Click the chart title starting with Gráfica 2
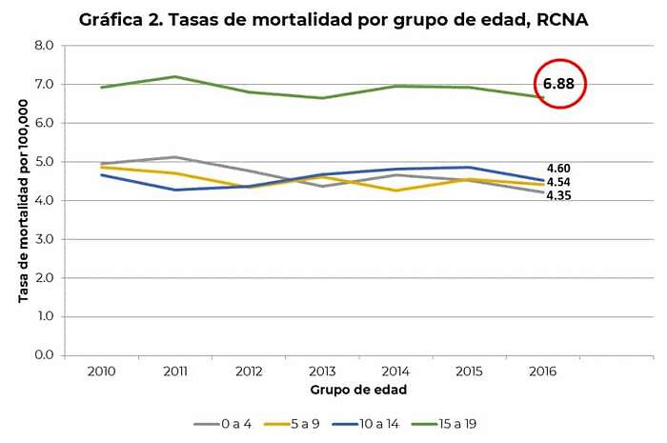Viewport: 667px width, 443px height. click(329, 20)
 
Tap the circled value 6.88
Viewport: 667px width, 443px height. click(558, 84)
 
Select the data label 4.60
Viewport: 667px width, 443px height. click(558, 168)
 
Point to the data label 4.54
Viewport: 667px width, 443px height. click(558, 182)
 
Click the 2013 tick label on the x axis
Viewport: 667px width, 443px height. click(321, 372)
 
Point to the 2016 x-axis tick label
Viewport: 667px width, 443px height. click(542, 372)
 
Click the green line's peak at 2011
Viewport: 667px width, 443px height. click(174, 76)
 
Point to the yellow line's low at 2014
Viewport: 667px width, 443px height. click(395, 191)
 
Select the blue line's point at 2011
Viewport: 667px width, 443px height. click(174, 190)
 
